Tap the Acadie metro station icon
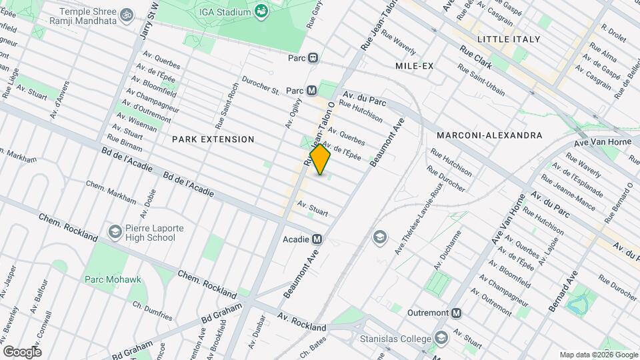[x=317, y=239]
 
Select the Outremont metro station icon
[x=456, y=313]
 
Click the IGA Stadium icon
[x=261, y=11]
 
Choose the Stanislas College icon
[x=441, y=339]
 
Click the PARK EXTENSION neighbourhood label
[x=213, y=139]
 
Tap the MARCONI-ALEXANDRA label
[x=489, y=135]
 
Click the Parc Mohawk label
[x=113, y=279]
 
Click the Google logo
[x=22, y=352]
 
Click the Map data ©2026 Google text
[x=597, y=355]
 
